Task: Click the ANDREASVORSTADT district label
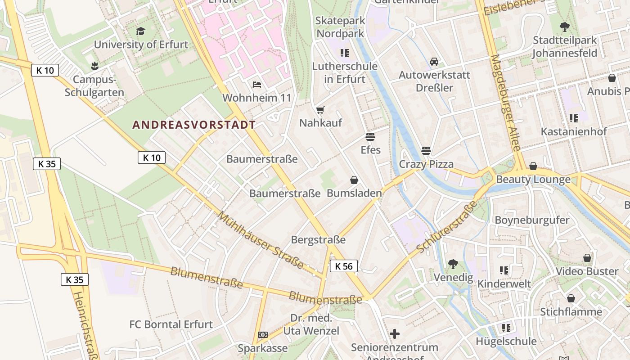[194, 125]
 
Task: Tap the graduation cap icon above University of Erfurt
[141, 31]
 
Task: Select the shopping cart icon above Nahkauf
[320, 110]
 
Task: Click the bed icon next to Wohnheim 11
[256, 85]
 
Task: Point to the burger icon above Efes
[370, 136]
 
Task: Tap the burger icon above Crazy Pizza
[426, 150]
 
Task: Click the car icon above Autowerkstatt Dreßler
[434, 62]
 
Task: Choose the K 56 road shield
[344, 266]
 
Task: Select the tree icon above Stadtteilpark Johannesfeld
[564, 27]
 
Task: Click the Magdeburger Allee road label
[506, 103]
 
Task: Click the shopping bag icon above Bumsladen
[354, 180]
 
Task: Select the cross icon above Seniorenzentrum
[394, 333]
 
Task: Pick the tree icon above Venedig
[453, 264]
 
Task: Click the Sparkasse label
[263, 348]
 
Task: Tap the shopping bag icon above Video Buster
[587, 258]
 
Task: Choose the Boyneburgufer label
[532, 220]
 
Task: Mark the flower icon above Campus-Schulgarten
[94, 67]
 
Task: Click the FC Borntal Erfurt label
[171, 324]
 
